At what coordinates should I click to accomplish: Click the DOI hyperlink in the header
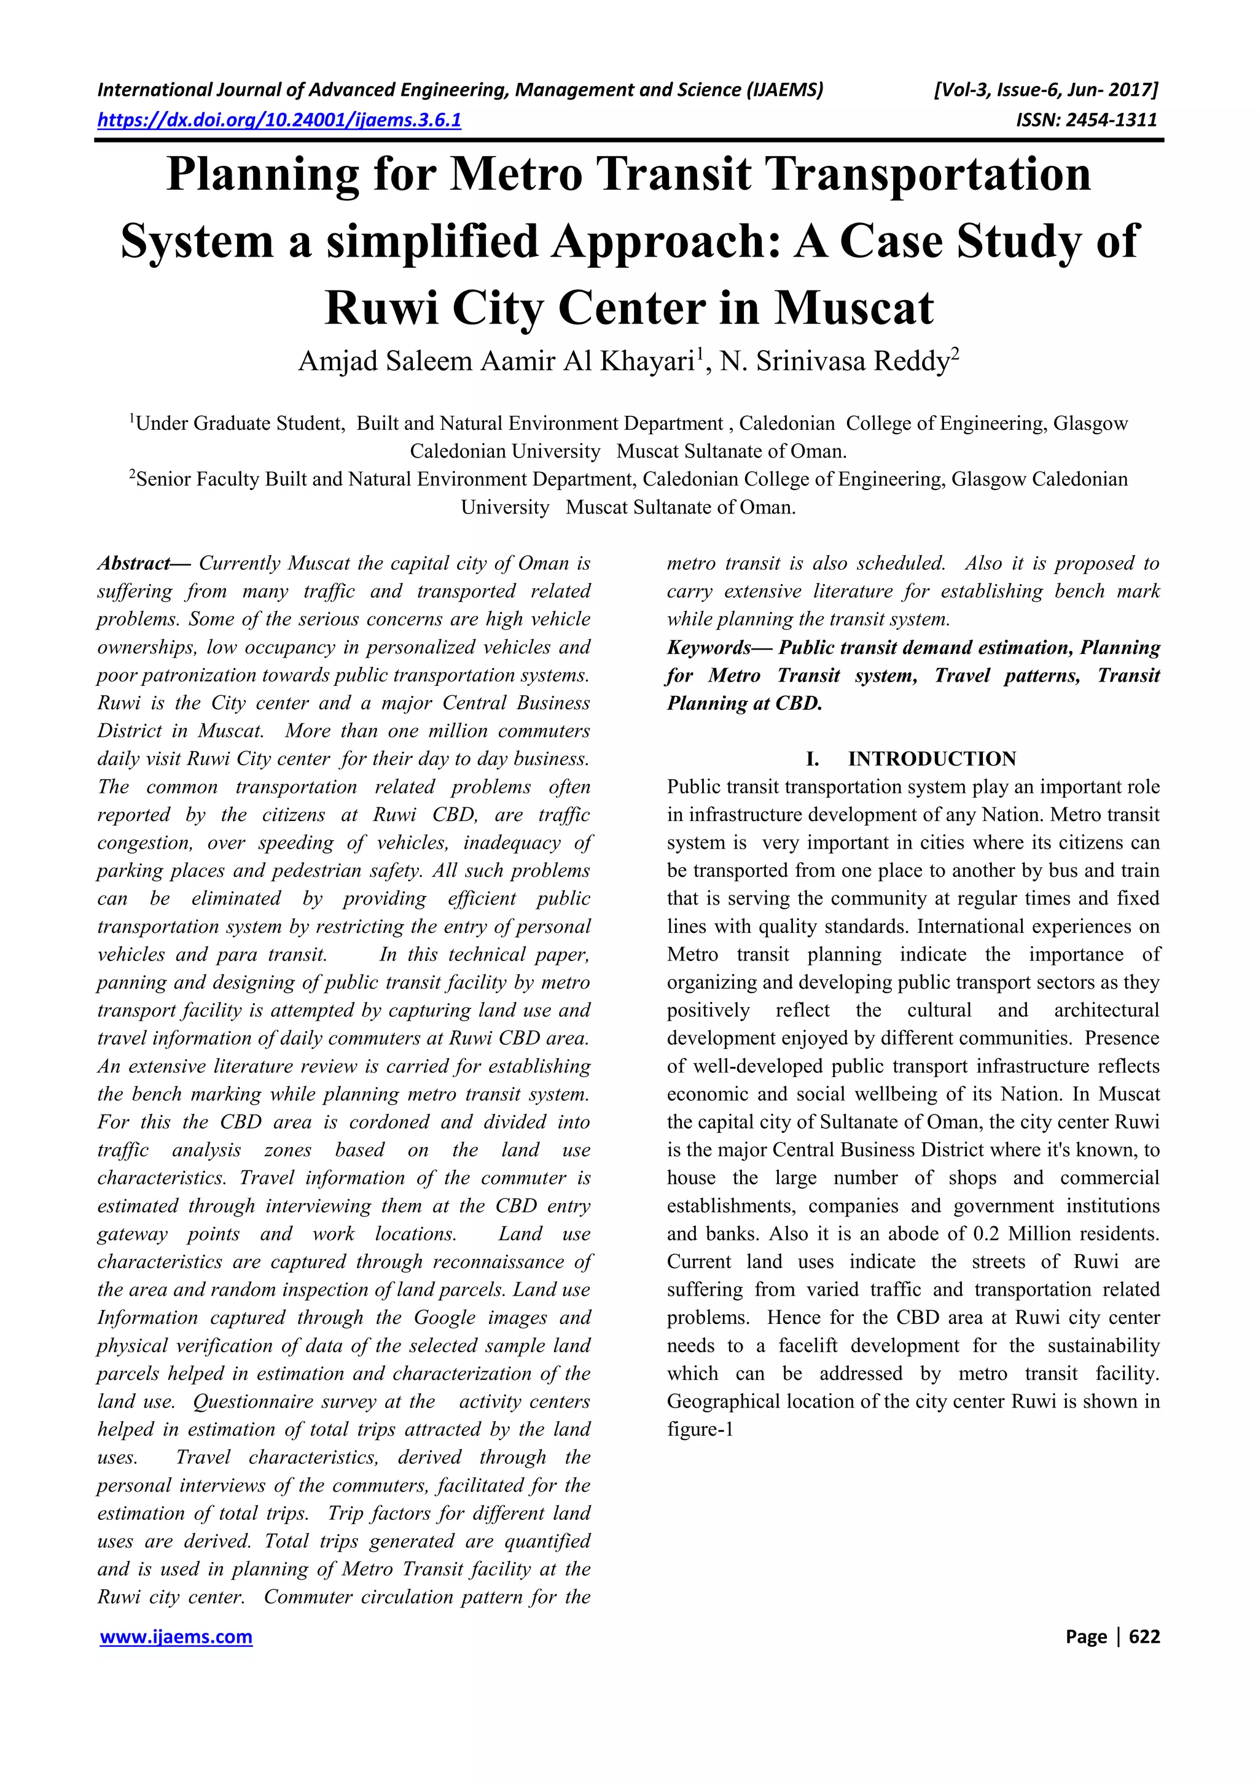pos(279,120)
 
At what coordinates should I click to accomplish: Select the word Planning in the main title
pos(263,174)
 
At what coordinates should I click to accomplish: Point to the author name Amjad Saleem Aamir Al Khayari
pos(496,362)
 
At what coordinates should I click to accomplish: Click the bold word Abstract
pos(133,563)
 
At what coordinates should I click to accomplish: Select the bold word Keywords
pos(708,648)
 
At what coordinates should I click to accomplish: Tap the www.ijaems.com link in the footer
pos(177,1637)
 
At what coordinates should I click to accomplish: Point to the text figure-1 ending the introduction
pos(700,1430)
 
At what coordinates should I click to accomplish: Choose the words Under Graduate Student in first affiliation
pos(240,424)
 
